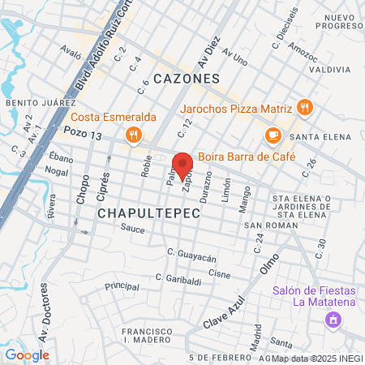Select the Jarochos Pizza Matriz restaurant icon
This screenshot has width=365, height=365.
coord(304,106)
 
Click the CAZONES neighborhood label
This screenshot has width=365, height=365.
coord(187,79)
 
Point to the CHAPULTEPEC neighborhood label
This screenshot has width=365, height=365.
coord(139,212)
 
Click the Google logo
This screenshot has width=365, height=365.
coord(27,354)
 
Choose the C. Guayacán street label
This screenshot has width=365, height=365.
coord(192,257)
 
